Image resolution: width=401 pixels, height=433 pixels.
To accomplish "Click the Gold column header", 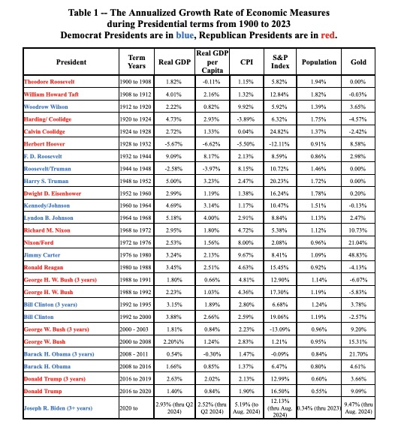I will point(358,62).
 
